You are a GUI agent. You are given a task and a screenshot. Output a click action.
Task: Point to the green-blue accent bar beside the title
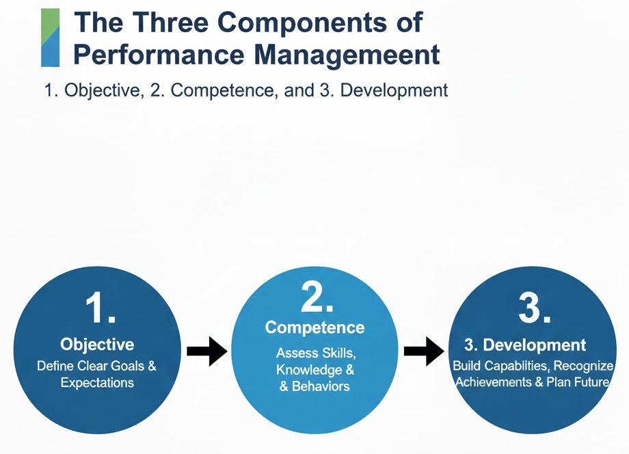pyautogui.click(x=50, y=38)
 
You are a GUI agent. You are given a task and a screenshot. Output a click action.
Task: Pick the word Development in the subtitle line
pyautogui.click(x=394, y=90)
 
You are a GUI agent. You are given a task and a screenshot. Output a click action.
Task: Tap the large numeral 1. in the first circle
pyautogui.click(x=101, y=309)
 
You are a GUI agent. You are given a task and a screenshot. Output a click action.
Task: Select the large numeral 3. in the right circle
pyautogui.click(x=534, y=309)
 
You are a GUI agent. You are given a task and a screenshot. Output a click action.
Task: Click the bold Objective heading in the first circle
pyautogui.click(x=97, y=344)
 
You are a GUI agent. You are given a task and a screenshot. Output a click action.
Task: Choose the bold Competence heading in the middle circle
pyautogui.click(x=314, y=328)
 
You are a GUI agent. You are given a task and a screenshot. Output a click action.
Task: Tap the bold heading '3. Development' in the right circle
pyautogui.click(x=525, y=345)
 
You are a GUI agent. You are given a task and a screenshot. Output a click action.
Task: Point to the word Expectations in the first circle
pyautogui.click(x=97, y=383)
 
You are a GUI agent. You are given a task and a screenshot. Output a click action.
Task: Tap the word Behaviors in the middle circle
pyautogui.click(x=322, y=386)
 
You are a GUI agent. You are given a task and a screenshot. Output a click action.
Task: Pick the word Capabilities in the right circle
pyautogui.click(x=511, y=366)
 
